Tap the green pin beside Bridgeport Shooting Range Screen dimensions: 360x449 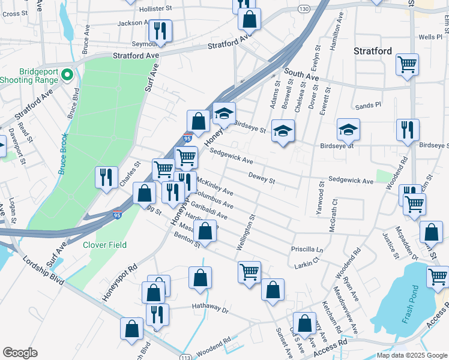[66, 75]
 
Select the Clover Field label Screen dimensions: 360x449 [104, 245]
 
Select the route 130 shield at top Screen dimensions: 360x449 [304, 8]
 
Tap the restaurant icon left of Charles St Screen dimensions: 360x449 [106, 177]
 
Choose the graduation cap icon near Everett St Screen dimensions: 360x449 [348, 129]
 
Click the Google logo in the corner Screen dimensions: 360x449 [20, 353]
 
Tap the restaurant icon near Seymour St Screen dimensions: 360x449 [160, 29]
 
